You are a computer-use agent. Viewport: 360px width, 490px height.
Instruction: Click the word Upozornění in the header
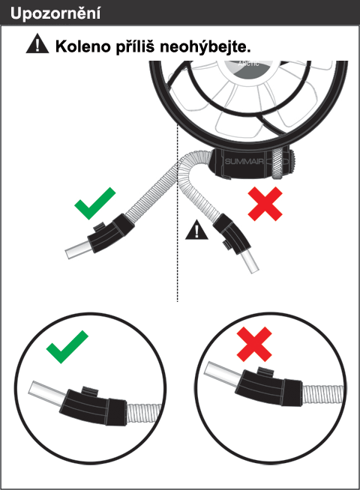[x=55, y=13]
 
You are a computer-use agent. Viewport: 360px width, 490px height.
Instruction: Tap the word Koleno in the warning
[x=83, y=46]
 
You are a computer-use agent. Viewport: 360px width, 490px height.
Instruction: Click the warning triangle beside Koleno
[x=37, y=43]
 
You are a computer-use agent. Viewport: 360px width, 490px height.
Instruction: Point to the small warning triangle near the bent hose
[x=196, y=230]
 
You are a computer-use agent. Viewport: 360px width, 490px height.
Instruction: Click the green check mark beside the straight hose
[x=94, y=204]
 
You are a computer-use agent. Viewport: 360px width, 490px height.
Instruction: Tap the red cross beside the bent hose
[x=265, y=204]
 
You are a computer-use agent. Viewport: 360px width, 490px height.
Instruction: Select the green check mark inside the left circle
[x=67, y=347]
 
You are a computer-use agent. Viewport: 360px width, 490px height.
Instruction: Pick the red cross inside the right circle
[x=254, y=344]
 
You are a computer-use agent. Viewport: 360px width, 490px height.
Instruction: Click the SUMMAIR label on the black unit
[x=244, y=161]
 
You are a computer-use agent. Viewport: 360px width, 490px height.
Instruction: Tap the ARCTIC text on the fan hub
[x=248, y=64]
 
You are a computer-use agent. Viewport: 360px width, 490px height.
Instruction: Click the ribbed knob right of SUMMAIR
[x=277, y=163]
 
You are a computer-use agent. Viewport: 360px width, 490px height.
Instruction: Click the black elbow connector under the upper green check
[x=110, y=234]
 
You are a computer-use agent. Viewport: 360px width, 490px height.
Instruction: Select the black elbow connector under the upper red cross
[x=232, y=233]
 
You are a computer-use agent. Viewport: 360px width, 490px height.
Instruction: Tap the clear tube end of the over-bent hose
[x=250, y=262]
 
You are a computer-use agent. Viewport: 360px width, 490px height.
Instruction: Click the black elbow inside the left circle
[x=93, y=405]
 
